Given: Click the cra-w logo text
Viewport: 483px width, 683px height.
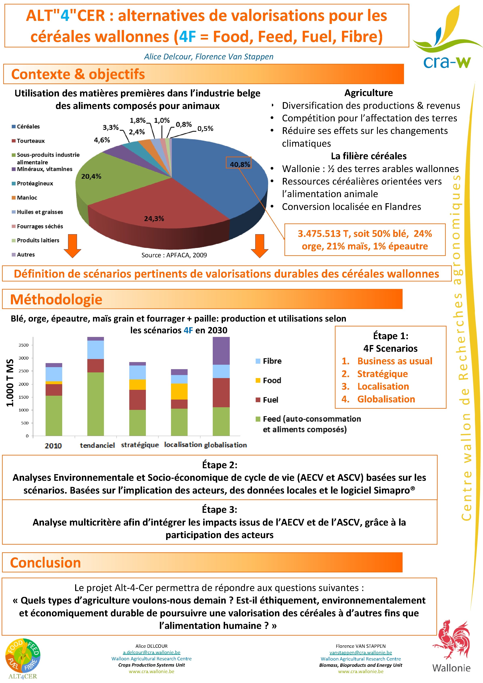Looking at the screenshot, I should point(447,62).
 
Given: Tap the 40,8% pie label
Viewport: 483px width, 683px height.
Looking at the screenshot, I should point(239,164).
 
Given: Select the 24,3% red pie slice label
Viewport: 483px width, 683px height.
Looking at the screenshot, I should point(154,219).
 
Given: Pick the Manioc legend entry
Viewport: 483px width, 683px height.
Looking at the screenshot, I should point(27,198).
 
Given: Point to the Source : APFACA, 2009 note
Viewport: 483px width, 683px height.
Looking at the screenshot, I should point(174,255).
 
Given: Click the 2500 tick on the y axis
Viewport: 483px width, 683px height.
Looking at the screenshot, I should point(24,371).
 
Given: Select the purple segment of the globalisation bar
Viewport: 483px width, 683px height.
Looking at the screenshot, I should point(221,351).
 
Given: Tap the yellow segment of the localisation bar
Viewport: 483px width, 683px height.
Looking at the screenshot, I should point(179,391).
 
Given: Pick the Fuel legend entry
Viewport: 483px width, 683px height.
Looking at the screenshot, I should point(270,400).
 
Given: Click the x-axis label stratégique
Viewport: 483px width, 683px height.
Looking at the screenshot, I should point(140,445).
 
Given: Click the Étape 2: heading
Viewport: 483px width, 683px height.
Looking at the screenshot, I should point(219,465).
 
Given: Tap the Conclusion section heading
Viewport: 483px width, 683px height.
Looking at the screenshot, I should point(46,562).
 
